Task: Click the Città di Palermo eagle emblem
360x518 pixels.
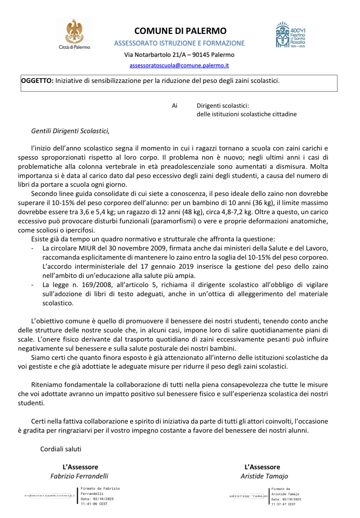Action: [x=74, y=32]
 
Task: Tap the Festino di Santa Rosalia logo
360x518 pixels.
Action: [x=290, y=35]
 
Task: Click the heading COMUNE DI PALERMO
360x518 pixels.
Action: [x=180, y=31]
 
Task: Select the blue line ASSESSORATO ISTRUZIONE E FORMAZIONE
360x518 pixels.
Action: [x=179, y=43]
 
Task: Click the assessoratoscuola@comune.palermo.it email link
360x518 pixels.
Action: [x=179, y=65]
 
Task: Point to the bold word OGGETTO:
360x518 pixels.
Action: [x=37, y=81]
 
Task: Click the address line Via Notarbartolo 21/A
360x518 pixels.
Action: [x=156, y=55]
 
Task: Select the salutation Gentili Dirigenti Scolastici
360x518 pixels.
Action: [x=70, y=131]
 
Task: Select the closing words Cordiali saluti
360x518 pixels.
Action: [x=61, y=449]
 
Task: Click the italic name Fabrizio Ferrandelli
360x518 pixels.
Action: [x=79, y=476]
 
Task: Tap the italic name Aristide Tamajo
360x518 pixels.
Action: [x=264, y=476]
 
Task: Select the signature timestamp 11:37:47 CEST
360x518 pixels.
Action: [x=283, y=504]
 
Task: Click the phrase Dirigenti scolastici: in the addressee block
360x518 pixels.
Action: [x=223, y=106]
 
